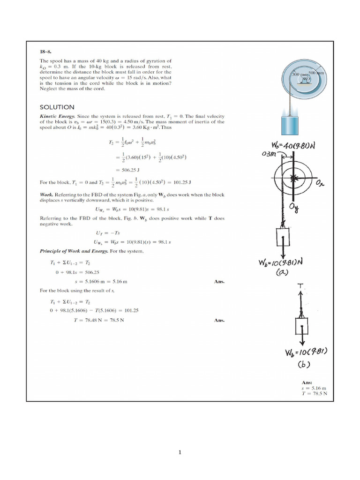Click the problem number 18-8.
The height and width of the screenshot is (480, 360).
45,52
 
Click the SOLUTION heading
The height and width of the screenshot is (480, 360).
57,107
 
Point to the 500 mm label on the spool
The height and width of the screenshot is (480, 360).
316,74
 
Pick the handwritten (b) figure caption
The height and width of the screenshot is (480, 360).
305,364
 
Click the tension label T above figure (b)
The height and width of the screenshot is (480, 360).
299,286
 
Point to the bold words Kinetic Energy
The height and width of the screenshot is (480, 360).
57,116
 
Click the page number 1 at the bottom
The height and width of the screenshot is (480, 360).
180,452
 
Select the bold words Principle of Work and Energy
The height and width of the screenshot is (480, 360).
74,251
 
